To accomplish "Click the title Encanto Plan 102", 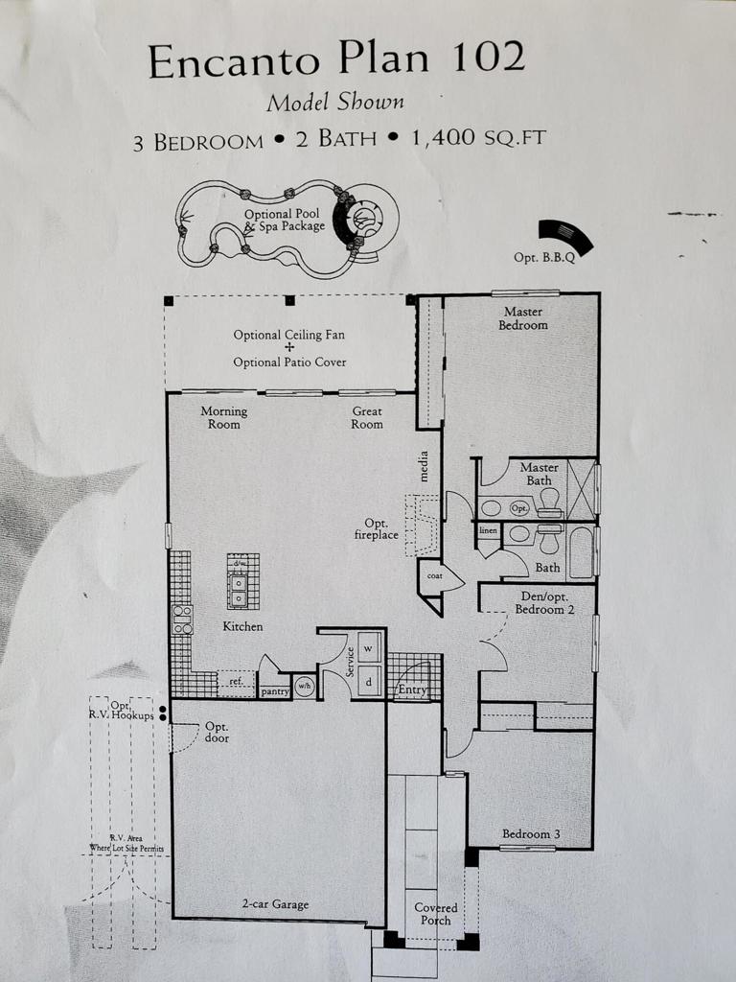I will (x=336, y=59).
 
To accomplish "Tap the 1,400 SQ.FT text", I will (x=478, y=138).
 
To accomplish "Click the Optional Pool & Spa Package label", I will (x=284, y=221).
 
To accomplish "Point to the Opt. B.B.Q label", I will (x=543, y=258).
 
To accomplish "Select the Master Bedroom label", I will (x=523, y=318).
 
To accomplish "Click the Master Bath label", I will (x=539, y=474).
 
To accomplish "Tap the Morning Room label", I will (x=223, y=417).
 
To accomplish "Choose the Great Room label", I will (x=366, y=417).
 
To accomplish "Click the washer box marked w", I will (x=370, y=646).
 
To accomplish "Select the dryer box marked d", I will (x=370, y=681).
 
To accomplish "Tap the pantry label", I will (x=276, y=690).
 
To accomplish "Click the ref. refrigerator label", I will (x=236, y=684).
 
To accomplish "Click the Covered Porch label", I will (x=436, y=914).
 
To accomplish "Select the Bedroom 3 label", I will (x=528, y=833).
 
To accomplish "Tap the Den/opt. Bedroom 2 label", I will (x=541, y=603).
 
